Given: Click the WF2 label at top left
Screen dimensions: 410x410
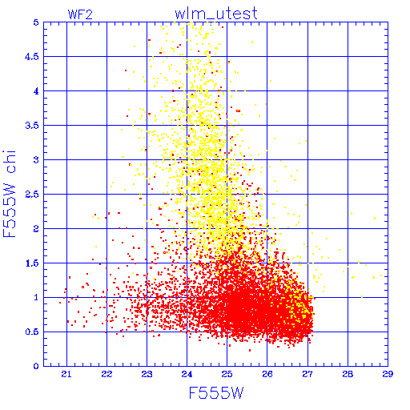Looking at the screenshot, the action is point(80,14).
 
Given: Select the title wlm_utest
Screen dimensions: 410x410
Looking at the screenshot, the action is point(216,14).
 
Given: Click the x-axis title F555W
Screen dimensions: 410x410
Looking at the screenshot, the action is point(216,393).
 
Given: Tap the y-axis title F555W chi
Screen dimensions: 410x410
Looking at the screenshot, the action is point(10,194).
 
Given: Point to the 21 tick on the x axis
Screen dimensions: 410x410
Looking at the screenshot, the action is point(66,374).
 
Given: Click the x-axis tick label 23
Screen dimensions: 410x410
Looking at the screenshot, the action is point(147,374).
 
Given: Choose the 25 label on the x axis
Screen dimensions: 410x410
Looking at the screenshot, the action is point(227,374).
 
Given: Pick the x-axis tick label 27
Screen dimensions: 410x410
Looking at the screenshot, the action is point(307,374).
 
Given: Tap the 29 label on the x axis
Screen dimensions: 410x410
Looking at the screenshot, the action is point(388,374).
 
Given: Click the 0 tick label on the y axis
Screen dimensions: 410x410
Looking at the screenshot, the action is point(36,366).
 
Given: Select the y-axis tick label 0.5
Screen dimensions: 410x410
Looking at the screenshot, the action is point(32,332).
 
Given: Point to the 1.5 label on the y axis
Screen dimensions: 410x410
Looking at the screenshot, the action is point(32,263).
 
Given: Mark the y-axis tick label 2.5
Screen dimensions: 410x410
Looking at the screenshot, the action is point(32,195).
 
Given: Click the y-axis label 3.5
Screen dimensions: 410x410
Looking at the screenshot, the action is point(32,126).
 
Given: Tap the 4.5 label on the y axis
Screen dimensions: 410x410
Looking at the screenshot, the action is point(32,57).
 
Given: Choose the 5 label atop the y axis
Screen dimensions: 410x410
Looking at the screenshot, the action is point(36,22).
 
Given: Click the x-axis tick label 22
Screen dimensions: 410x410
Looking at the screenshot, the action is point(107,374).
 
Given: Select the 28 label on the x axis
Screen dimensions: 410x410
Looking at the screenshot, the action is point(348,374).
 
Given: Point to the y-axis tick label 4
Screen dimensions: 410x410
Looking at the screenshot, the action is point(36,91).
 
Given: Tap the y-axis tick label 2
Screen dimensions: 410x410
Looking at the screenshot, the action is point(36,229).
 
